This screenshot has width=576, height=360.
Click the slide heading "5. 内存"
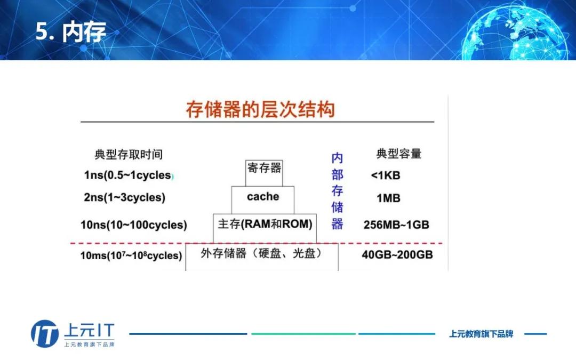click(x=71, y=32)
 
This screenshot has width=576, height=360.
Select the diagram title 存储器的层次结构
click(x=260, y=110)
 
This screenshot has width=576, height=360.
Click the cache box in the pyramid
click(x=263, y=198)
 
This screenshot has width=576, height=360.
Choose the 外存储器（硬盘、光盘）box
click(x=261, y=255)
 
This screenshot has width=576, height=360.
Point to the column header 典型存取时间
click(x=129, y=155)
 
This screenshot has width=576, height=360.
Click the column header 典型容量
click(x=399, y=154)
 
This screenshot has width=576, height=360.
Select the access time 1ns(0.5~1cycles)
click(x=129, y=175)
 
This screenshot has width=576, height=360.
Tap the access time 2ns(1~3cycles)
click(x=125, y=198)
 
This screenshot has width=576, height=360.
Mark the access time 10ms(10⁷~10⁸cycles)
click(x=131, y=255)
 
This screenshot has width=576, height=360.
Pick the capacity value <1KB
click(x=385, y=175)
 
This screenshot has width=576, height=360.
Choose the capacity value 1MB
click(x=388, y=198)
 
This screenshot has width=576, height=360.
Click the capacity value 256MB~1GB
click(x=396, y=225)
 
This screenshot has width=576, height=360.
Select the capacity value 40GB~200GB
click(x=397, y=255)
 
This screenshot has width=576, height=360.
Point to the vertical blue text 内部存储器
click(x=337, y=191)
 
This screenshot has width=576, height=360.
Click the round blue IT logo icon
click(x=45, y=334)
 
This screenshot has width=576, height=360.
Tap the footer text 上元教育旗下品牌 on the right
click(x=481, y=334)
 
